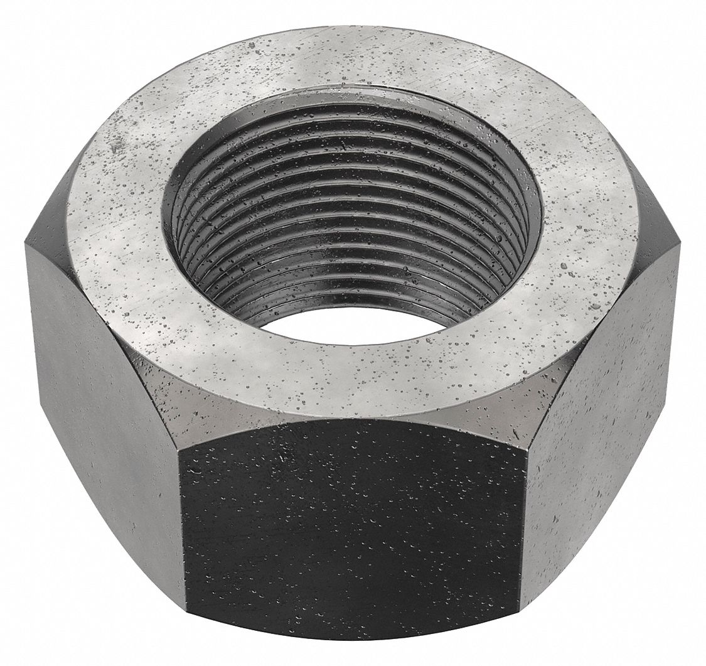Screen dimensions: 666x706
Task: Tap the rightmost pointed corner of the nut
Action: (680, 245)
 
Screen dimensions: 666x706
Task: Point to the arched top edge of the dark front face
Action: (351, 422)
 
